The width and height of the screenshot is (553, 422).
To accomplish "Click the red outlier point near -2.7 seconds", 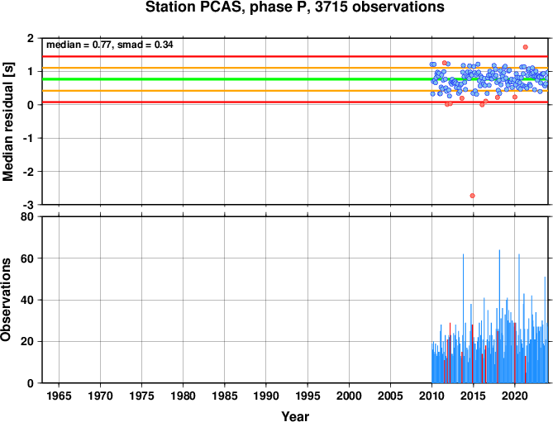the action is pos(472,196).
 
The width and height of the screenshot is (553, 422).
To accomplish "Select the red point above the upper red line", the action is pos(525,47).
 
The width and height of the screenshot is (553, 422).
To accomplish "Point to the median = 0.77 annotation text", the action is pos(79,45).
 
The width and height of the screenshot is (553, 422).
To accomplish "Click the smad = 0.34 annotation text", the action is pos(145,45).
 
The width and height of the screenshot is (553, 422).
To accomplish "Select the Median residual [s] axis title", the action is pos(8,121).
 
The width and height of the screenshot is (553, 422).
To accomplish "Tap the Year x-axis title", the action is pos(295,416).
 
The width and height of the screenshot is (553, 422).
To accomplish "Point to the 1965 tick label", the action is pos(59,396).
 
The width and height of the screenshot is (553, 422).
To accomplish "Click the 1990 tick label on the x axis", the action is pos(266,396).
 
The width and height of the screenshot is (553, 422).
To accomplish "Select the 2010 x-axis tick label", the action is pos(431,396).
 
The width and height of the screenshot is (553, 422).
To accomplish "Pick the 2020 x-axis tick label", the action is pos(515,396).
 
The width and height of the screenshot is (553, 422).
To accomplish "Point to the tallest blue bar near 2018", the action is pos(499,316).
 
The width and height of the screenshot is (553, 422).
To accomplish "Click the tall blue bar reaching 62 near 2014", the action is pos(463,319).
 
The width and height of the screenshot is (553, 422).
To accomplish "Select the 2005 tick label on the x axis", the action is pos(390,396).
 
